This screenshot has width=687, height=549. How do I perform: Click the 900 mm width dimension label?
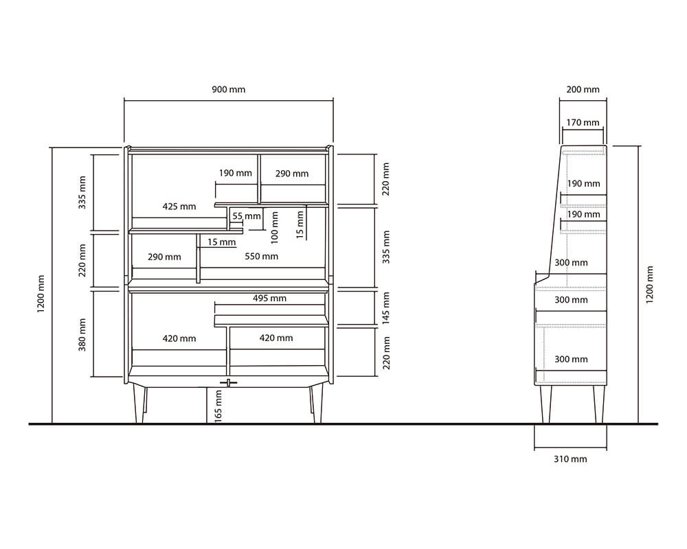(229, 89)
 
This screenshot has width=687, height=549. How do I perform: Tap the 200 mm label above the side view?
(583, 89)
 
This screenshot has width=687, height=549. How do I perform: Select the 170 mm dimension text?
(583, 123)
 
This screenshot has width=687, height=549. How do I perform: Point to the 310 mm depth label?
(570, 459)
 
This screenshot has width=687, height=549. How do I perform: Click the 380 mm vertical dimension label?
(82, 334)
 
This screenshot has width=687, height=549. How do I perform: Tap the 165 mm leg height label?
(218, 406)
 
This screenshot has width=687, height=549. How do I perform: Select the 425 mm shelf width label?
(179, 206)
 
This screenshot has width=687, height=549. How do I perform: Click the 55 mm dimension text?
(246, 216)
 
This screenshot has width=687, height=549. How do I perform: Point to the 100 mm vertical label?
(275, 228)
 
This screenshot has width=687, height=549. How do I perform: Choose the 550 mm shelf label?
(262, 256)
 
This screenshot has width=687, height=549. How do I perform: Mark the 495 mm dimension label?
(269, 298)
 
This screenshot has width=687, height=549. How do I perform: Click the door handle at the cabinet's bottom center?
(229, 383)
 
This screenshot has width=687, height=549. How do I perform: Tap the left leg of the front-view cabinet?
(139, 405)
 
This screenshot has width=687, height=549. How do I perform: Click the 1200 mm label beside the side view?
(649, 285)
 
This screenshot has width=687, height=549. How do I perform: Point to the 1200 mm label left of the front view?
(41, 294)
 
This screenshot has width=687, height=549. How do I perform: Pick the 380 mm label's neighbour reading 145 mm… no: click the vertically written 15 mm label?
(300, 224)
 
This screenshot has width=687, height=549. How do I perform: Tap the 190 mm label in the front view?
(235, 173)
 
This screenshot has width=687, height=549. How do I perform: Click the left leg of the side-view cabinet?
(546, 404)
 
